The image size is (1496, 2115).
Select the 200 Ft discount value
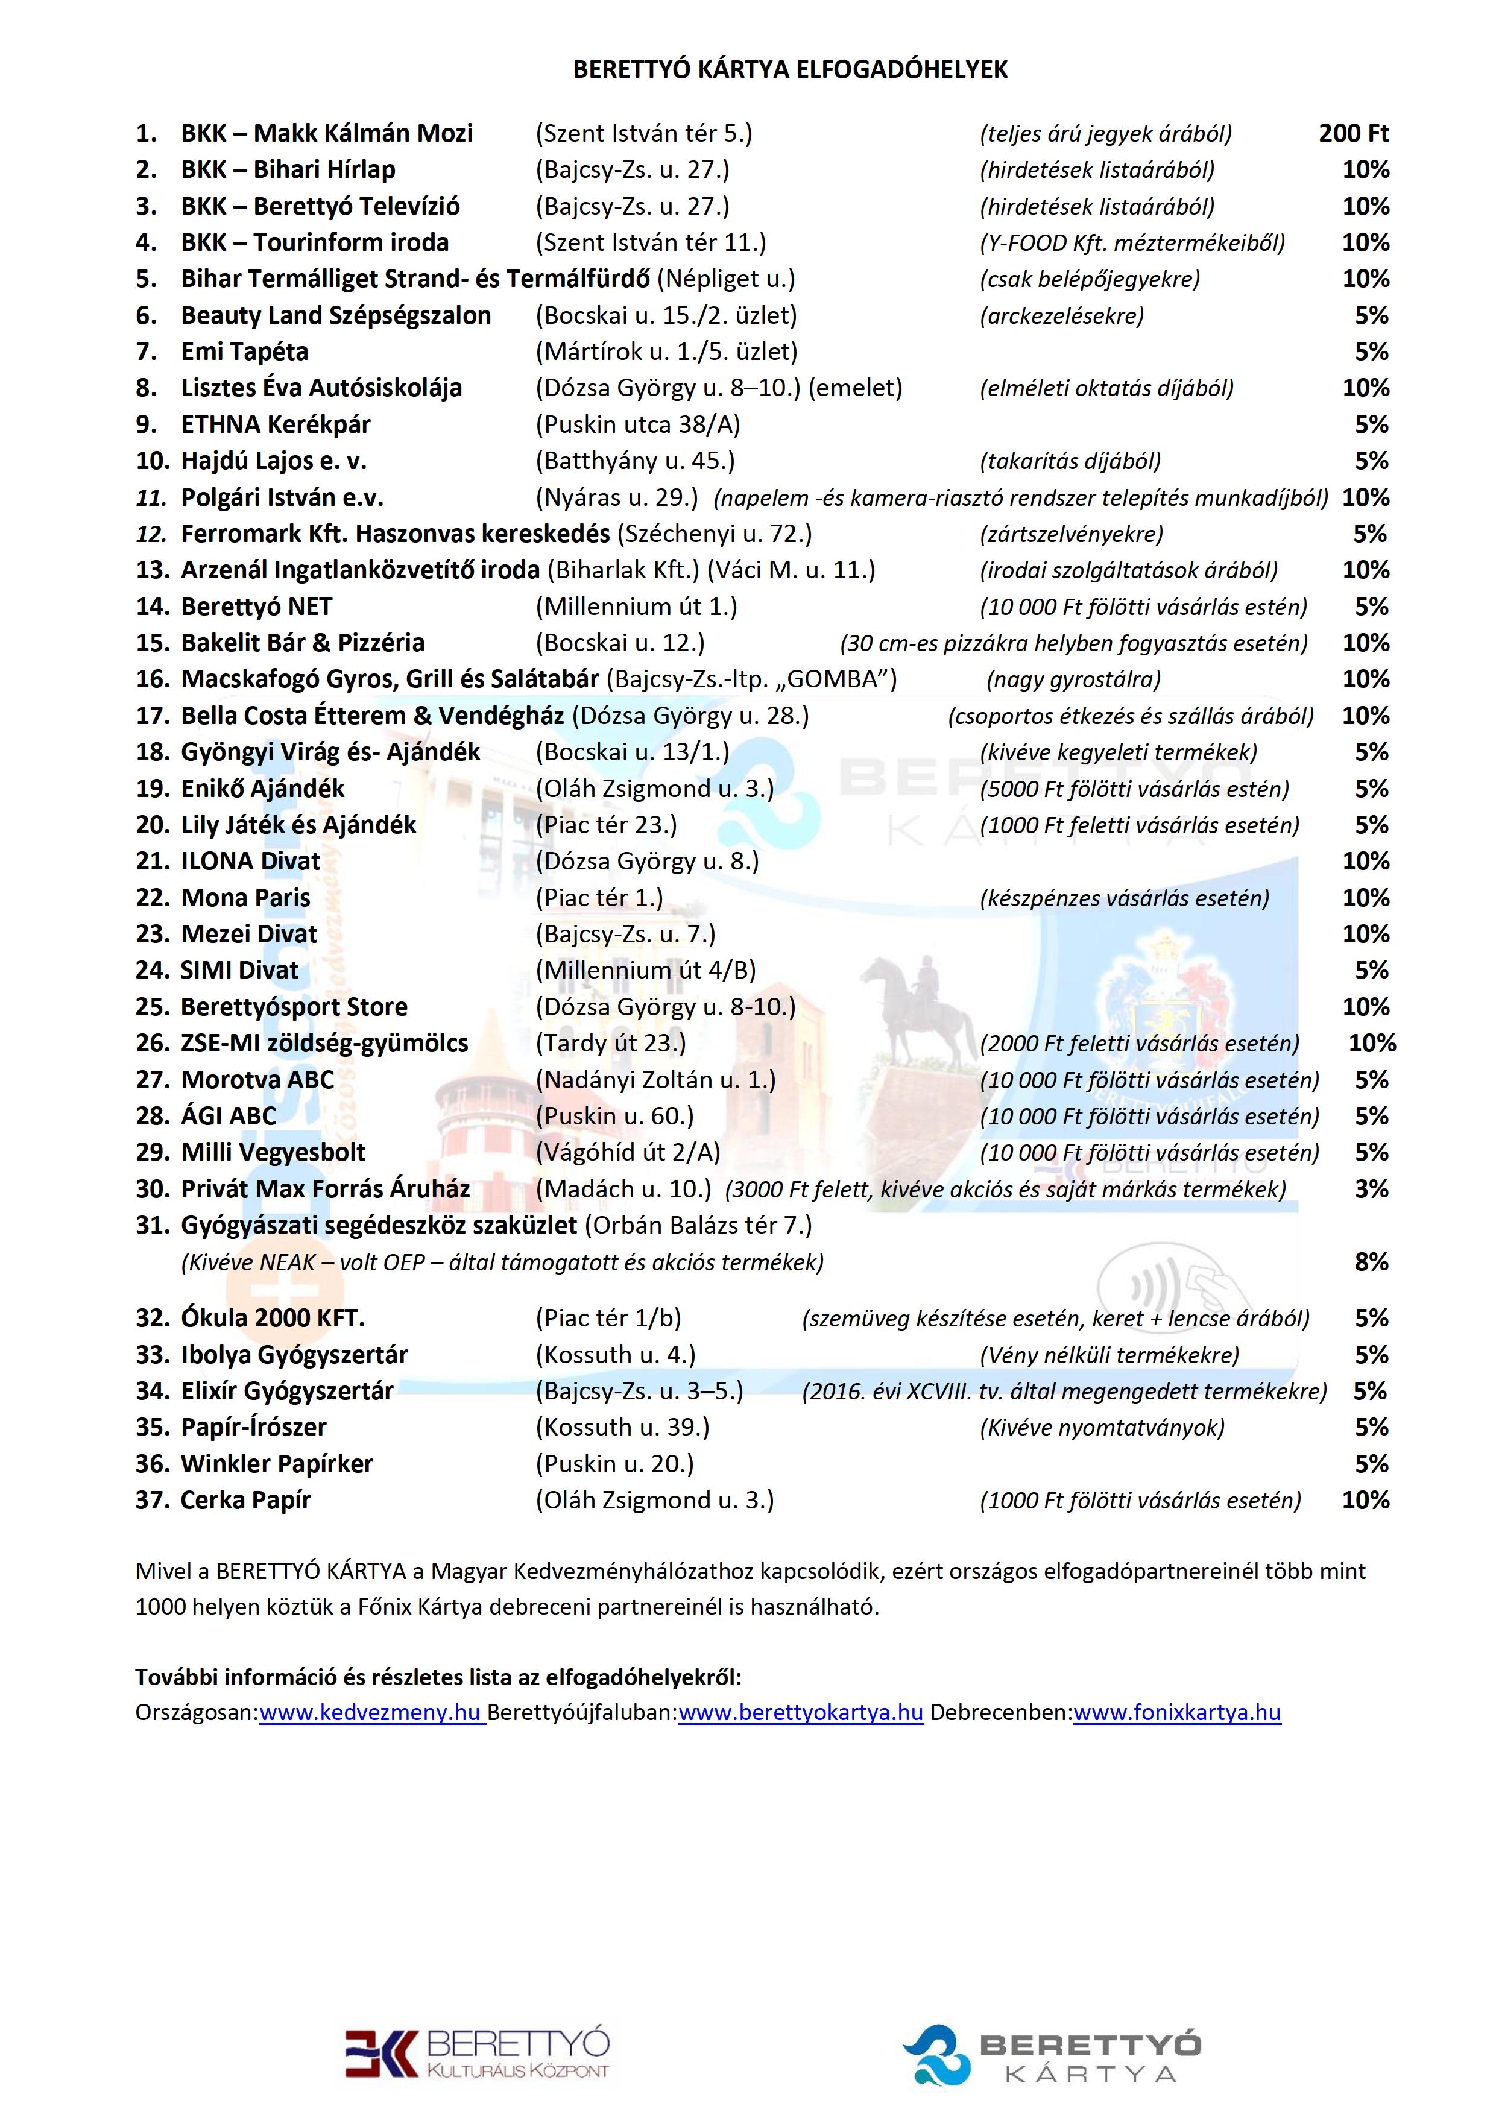[x=1352, y=134]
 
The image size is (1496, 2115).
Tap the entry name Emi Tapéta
[x=244, y=352]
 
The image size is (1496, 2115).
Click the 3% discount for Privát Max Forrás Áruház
[x=1371, y=1189]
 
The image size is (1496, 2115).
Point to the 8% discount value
[x=1371, y=1262]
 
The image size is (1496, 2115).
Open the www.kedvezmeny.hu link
[x=371, y=1712]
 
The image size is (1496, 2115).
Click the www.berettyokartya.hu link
[x=801, y=1712]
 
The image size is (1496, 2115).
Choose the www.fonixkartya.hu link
[x=1176, y=1712]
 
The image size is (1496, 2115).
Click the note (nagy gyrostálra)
[x=1073, y=680]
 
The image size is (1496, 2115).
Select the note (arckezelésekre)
[x=1061, y=316]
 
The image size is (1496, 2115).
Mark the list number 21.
[x=152, y=862]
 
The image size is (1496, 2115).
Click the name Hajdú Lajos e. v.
[x=274, y=461]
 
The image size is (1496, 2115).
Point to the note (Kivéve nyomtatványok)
[x=1102, y=1428]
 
